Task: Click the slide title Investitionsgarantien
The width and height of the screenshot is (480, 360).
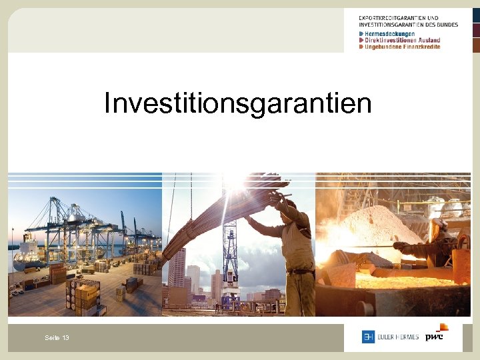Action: click(x=238, y=103)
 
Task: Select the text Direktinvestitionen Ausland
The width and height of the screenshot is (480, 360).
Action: click(x=402, y=41)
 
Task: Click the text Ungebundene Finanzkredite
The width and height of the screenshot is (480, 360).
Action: click(x=402, y=47)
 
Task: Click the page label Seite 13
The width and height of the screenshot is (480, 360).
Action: click(x=57, y=338)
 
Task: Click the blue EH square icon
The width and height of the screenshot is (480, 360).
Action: click(x=368, y=337)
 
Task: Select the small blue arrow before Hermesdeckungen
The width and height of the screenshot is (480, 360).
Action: click(x=361, y=34)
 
